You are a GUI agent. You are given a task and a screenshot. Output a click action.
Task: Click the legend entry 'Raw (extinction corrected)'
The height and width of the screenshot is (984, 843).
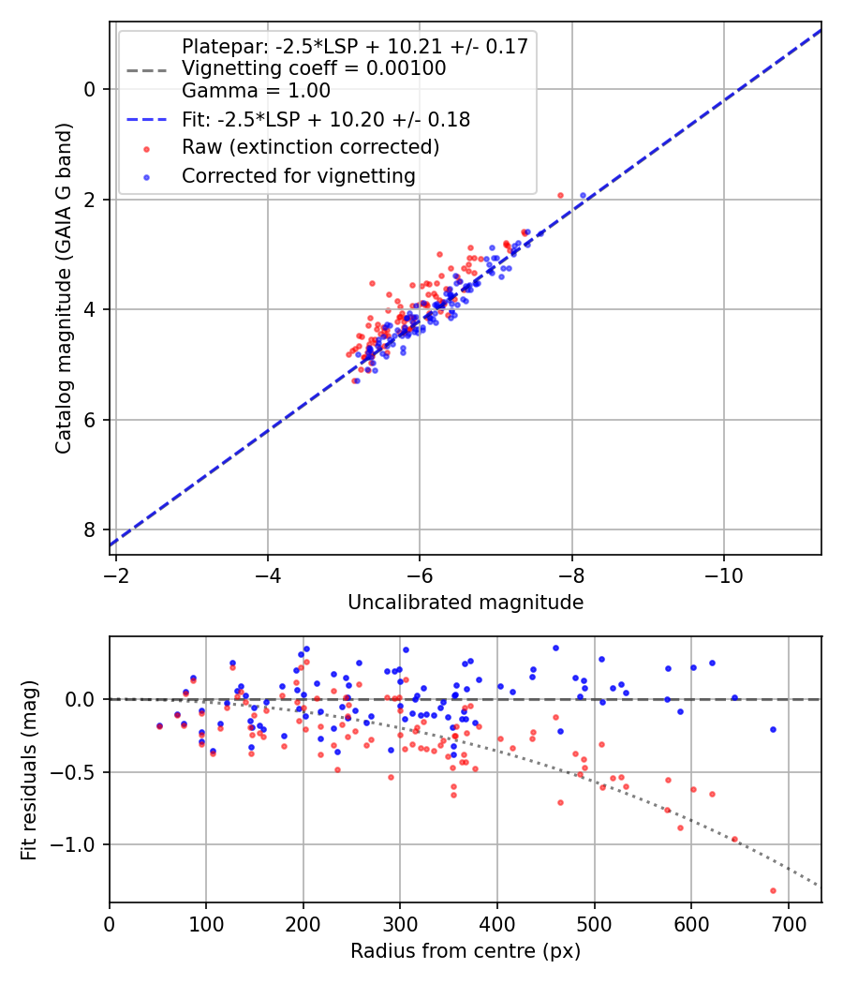(x=310, y=147)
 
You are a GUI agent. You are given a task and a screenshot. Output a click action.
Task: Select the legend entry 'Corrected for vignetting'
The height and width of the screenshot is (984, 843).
(x=298, y=175)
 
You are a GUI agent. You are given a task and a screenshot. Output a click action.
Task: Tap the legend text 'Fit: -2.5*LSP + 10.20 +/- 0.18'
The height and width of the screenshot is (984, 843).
(x=325, y=119)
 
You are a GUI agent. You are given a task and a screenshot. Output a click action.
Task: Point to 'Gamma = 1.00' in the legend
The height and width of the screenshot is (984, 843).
(x=256, y=91)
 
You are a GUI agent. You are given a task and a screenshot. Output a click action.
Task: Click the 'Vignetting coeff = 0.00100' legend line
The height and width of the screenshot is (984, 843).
(x=313, y=68)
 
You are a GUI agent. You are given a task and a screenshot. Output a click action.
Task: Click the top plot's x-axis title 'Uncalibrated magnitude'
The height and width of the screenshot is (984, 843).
(x=466, y=603)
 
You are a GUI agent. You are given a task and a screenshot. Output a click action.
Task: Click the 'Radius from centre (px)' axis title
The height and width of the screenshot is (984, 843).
(x=466, y=951)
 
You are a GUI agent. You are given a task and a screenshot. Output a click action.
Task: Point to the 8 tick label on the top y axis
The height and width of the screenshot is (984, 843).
(x=91, y=529)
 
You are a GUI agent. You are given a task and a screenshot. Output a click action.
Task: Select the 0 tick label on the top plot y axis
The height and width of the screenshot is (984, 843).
(x=91, y=89)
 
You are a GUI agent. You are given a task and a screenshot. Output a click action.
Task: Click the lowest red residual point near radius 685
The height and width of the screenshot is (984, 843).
(x=773, y=890)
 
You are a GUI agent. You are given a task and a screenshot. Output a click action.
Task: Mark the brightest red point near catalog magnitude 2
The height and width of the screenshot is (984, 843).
(x=560, y=195)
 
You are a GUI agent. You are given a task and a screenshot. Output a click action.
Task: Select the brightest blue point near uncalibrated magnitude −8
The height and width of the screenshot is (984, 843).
(x=583, y=195)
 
